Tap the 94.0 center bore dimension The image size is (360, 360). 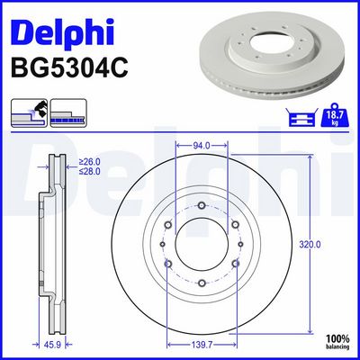pyautogui.click(x=201, y=144)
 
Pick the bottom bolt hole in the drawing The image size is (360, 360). pyautogui.click(x=202, y=285)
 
